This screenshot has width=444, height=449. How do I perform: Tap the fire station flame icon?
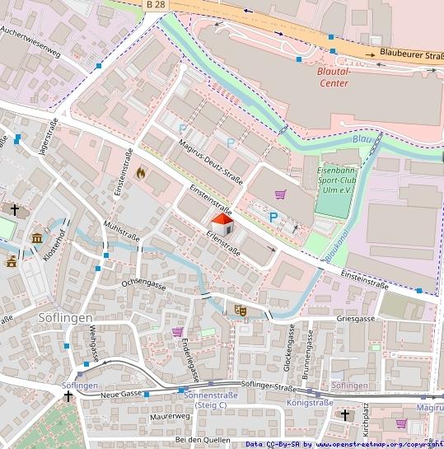coord(141,173)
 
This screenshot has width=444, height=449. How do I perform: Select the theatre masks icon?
coord(241,310)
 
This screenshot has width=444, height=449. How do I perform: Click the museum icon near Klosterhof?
coord(37,239)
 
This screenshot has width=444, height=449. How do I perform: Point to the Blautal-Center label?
coord(334,77)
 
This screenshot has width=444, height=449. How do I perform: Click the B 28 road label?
coord(155,5)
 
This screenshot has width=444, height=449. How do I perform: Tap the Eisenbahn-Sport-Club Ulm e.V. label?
coord(338,181)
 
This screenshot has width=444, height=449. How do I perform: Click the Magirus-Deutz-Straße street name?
coord(210,164)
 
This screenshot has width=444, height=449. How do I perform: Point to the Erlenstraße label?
coord(223,241)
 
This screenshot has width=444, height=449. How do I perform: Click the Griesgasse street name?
coord(356,319)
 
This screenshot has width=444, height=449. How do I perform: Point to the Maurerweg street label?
coord(171,416)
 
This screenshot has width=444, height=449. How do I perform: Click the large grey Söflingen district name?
coord(65,317)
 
